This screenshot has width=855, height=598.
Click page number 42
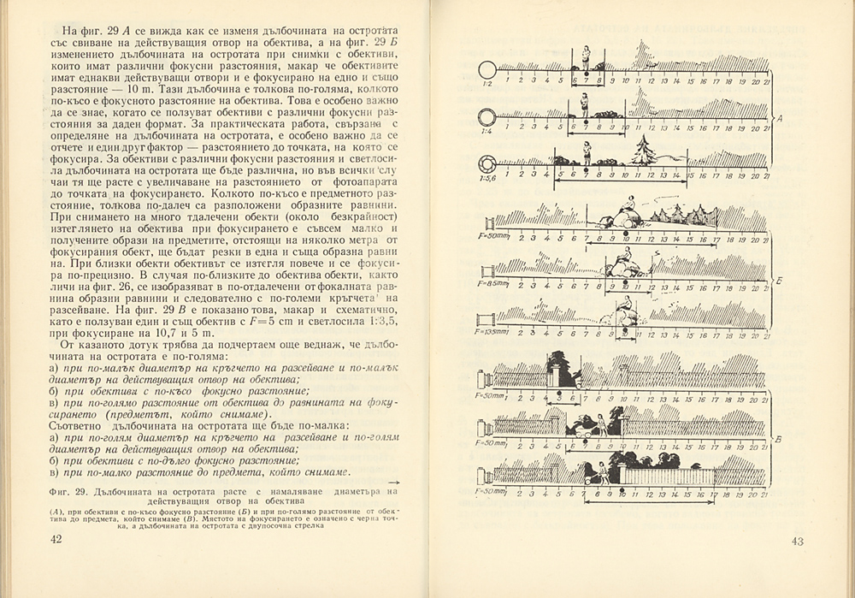[x=56, y=538]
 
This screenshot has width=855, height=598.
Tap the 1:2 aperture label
[x=486, y=84]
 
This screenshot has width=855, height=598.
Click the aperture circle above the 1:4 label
[x=487, y=116]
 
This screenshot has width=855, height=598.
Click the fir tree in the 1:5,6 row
[x=644, y=152]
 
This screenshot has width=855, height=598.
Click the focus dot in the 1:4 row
[x=587, y=124]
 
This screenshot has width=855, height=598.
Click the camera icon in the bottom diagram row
[x=486, y=473]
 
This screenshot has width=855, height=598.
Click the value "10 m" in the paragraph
[x=120, y=91]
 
